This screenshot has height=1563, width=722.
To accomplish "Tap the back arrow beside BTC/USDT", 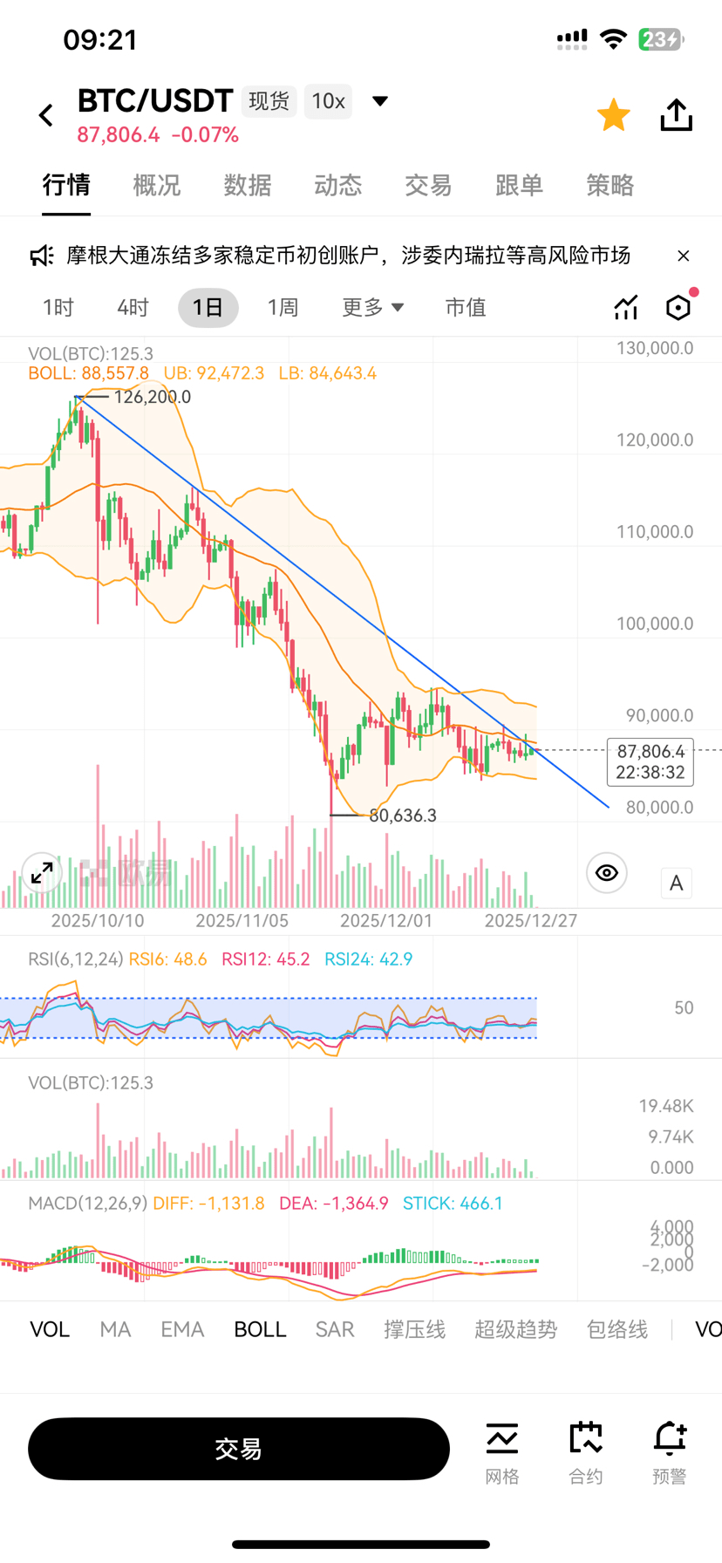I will click(46, 115).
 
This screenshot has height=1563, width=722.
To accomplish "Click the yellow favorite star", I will click(614, 115).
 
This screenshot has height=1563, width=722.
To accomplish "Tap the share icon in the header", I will click(677, 115).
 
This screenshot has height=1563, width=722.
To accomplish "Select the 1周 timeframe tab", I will click(283, 308).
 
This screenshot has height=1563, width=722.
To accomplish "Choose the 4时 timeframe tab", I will click(133, 308).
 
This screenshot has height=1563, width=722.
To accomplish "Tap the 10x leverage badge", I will click(329, 101).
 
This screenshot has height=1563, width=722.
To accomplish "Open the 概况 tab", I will click(157, 185).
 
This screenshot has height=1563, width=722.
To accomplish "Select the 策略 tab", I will click(610, 185).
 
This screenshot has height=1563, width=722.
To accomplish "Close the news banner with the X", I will click(684, 256).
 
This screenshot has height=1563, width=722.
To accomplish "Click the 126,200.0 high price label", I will click(152, 397).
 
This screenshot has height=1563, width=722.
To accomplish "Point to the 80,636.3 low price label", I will click(403, 816).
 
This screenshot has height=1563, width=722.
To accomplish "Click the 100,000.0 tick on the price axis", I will click(655, 624).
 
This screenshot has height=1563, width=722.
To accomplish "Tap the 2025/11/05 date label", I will click(242, 920).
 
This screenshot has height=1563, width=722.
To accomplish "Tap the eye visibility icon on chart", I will click(607, 873).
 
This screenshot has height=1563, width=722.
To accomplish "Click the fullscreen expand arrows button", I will click(42, 872).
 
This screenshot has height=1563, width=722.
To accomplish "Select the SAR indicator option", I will click(335, 1329).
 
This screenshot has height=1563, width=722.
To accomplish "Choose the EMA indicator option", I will click(182, 1329).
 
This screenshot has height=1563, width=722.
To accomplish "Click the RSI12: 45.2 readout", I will click(266, 959).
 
